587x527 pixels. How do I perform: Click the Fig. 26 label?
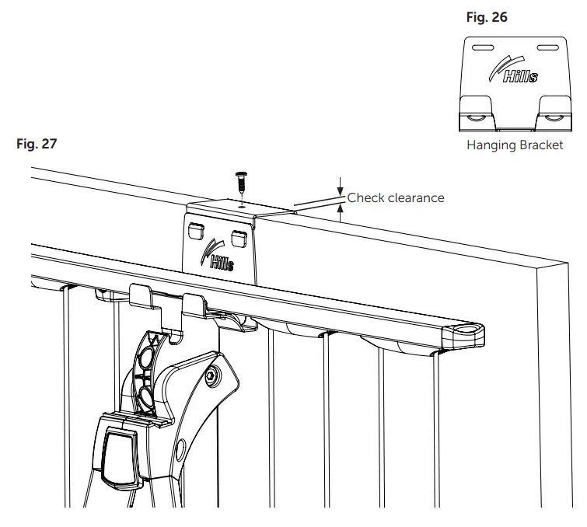click(x=487, y=17)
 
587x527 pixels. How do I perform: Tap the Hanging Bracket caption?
click(x=514, y=145)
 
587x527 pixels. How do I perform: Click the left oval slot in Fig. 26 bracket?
click(x=482, y=48)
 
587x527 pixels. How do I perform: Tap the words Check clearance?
click(x=396, y=197)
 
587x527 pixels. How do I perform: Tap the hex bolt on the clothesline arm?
click(x=211, y=377)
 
